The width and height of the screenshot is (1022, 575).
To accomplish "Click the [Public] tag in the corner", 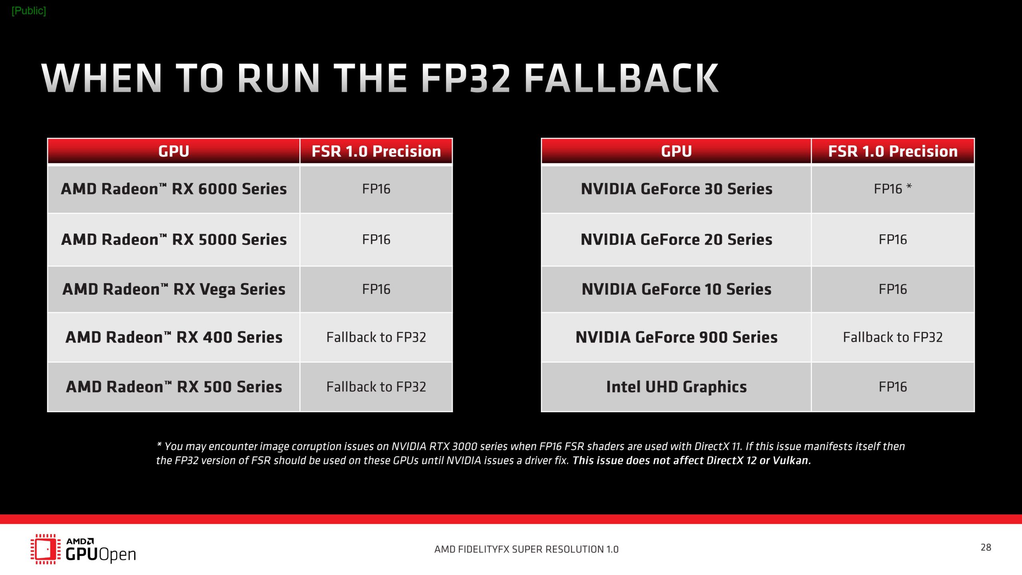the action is click(29, 11).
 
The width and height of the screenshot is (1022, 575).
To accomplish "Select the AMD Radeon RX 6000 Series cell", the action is click(174, 189).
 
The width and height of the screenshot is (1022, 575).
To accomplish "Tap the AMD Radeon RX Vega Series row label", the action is click(174, 289).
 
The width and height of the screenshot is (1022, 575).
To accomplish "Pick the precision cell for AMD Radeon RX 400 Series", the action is click(376, 337).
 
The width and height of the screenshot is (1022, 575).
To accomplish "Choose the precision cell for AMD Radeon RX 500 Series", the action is click(376, 387).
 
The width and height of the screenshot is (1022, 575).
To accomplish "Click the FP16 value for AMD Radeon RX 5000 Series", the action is click(376, 240).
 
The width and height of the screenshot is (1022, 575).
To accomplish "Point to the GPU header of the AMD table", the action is click(174, 151).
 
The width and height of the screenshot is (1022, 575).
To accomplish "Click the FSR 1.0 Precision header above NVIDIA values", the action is click(893, 151).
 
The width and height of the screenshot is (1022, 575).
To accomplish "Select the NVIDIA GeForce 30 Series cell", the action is click(676, 189).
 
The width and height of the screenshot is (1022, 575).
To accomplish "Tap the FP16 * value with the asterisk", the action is click(893, 188).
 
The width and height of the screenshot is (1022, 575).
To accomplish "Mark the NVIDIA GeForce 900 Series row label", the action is click(676, 337).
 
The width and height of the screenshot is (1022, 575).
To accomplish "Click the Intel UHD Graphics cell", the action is click(676, 387).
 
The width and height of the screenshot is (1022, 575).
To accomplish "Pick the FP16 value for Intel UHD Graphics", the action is click(893, 387).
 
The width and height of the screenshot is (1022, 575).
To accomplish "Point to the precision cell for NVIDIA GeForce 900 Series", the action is click(893, 337).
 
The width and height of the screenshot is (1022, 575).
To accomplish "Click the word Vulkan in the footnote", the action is click(790, 460).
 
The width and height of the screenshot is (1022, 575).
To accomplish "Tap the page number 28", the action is click(986, 547).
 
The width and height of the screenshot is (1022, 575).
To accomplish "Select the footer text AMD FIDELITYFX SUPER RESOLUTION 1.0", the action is click(526, 549).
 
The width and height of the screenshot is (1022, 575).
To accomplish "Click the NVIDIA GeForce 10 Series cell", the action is click(676, 289).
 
